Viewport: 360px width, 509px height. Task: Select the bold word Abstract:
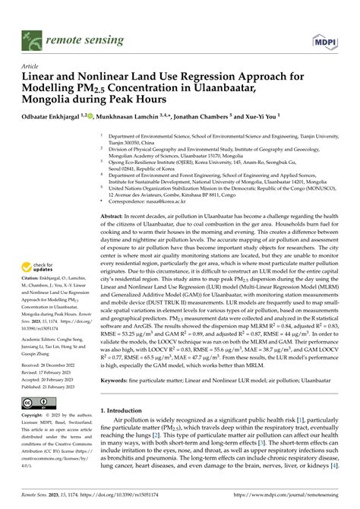pyautogui.click(x=114, y=217)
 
